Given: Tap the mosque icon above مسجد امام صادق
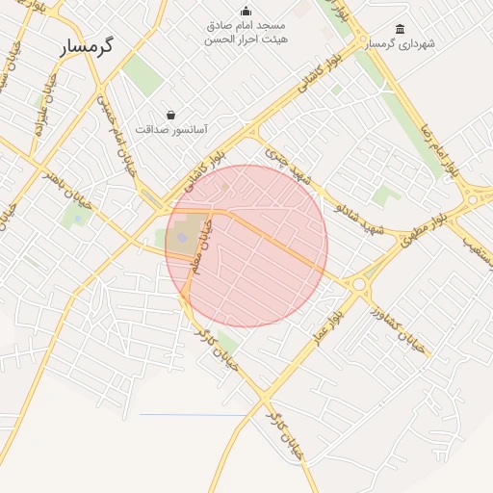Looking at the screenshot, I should tap(246, 12).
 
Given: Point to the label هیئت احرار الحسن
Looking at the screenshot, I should tap(246, 39).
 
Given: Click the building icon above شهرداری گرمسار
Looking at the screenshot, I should tap(401, 30).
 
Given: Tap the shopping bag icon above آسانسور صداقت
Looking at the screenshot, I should tap(171, 114).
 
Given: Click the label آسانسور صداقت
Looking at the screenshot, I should tap(171, 128).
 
